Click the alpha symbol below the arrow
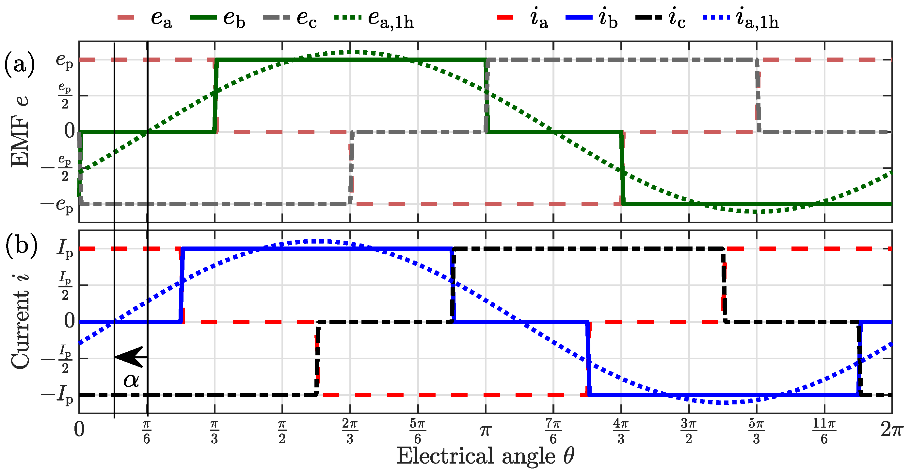(x=131, y=380)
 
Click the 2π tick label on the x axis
(x=892, y=430)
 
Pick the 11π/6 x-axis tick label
(x=824, y=431)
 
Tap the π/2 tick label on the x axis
(x=282, y=431)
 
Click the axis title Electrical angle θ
(x=486, y=456)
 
